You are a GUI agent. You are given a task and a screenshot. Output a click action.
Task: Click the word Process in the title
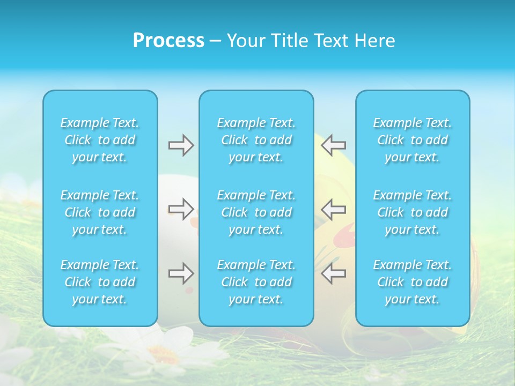(x=168, y=41)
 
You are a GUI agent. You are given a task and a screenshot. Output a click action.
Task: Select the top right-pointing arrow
(x=181, y=145)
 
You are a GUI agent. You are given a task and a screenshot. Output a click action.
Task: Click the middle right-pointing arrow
(x=181, y=209)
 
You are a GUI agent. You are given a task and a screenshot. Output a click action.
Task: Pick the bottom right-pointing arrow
(x=181, y=273)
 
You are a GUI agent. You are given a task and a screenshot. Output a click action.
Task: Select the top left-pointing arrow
(x=334, y=145)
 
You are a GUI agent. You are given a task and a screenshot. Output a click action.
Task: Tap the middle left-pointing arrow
(x=334, y=209)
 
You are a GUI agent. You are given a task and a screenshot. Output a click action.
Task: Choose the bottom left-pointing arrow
(x=334, y=273)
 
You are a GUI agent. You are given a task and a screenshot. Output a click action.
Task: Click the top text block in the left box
(x=100, y=140)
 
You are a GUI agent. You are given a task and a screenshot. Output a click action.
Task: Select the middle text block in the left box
(x=100, y=212)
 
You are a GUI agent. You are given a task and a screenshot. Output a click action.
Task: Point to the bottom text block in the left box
(x=100, y=282)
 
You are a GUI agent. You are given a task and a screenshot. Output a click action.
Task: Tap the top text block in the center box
(x=256, y=140)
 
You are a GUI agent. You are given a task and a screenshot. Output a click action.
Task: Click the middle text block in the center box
(x=256, y=212)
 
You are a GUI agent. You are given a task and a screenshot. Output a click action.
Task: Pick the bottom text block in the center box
(x=256, y=282)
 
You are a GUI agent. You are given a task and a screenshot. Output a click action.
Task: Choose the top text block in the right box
(x=413, y=140)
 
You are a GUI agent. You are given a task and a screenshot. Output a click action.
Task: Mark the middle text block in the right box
(x=413, y=212)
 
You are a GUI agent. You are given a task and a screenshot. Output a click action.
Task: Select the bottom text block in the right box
(x=413, y=282)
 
